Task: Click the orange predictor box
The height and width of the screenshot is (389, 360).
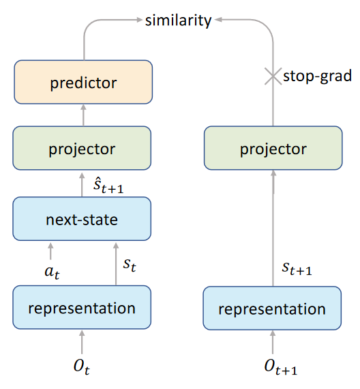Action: tap(83, 82)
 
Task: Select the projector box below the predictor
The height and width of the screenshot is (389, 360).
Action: tap(82, 148)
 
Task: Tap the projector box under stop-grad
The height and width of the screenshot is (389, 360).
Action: tap(273, 148)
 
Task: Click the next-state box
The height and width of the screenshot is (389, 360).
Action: tap(82, 219)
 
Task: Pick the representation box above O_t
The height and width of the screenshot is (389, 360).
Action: tap(82, 307)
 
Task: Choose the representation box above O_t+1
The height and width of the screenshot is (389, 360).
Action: tap(272, 308)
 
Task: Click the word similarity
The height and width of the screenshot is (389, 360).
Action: tap(178, 21)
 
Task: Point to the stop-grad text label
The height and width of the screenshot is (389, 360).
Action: tap(317, 76)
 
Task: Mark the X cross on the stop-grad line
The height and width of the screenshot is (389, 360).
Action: tap(273, 76)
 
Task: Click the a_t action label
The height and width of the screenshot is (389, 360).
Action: tap(52, 272)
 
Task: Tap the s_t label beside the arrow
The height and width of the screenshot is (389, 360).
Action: tap(130, 265)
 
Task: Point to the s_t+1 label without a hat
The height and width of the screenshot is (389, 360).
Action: tap(297, 269)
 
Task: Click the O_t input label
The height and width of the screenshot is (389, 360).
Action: tap(82, 367)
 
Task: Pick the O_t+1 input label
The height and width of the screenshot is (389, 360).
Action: tap(281, 367)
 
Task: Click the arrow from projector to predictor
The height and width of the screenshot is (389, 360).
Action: tap(83, 115)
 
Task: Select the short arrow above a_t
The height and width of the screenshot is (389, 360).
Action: tap(50, 251)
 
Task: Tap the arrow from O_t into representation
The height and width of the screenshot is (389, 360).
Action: tap(82, 342)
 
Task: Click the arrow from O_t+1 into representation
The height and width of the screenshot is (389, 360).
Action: tap(273, 343)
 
